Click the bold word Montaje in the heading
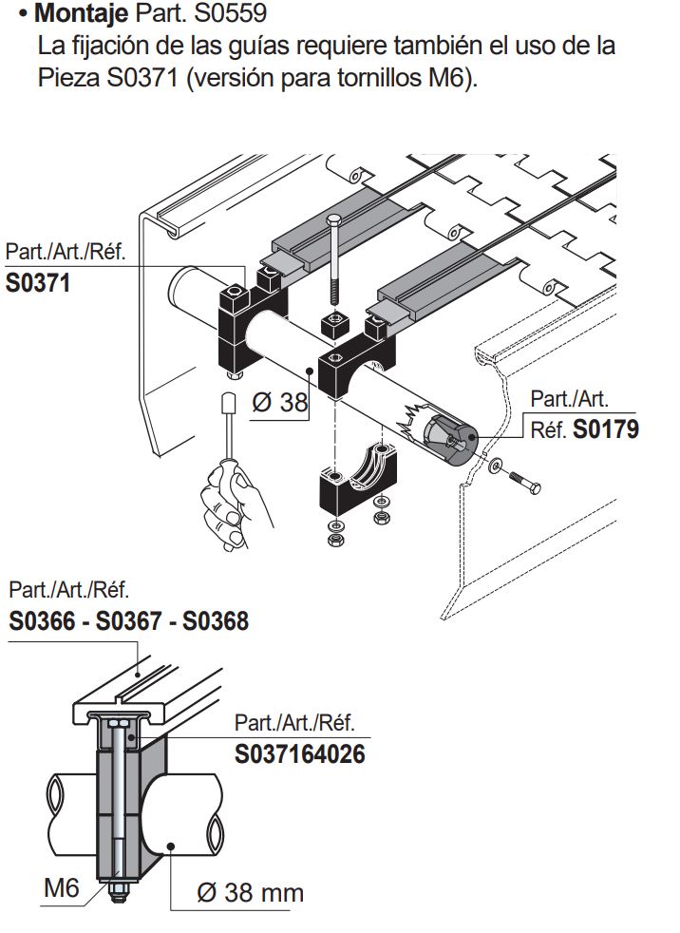[x=81, y=14]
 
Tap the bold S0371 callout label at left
[x=38, y=283]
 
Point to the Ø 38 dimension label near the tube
[x=280, y=403]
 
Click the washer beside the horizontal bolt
[x=497, y=467]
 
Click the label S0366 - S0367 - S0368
[x=129, y=621]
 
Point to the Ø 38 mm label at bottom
[x=250, y=892]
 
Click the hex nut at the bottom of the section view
[x=118, y=893]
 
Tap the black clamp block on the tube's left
[x=234, y=323]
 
